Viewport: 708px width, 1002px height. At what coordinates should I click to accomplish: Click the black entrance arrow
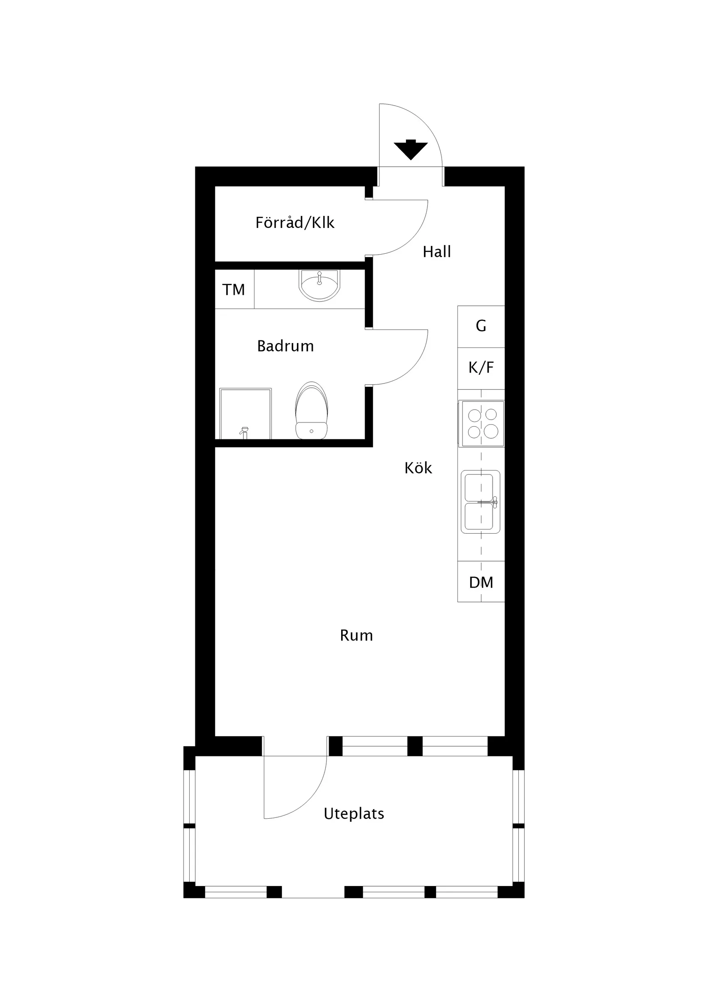point(410,150)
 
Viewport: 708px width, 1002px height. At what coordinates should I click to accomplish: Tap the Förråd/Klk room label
point(295,222)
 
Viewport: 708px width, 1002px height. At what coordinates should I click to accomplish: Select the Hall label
point(437,252)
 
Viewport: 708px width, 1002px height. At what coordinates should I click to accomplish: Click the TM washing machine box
point(234,289)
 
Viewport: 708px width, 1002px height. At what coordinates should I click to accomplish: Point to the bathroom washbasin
point(319,285)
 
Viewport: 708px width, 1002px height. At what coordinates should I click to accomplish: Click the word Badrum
point(285,346)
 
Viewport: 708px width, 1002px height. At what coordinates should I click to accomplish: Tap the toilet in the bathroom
point(312,410)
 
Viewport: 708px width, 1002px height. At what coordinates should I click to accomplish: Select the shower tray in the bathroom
point(245,413)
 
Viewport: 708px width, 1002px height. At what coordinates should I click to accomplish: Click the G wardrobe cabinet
point(481,326)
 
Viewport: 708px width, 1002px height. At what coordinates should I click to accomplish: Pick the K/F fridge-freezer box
point(481,368)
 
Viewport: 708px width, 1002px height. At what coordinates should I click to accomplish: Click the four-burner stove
point(482,423)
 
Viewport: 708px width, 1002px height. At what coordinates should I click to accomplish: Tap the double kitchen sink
point(480,501)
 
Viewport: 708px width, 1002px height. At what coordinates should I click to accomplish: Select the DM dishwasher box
point(481,581)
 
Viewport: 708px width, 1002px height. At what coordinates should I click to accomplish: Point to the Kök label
point(418,468)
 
